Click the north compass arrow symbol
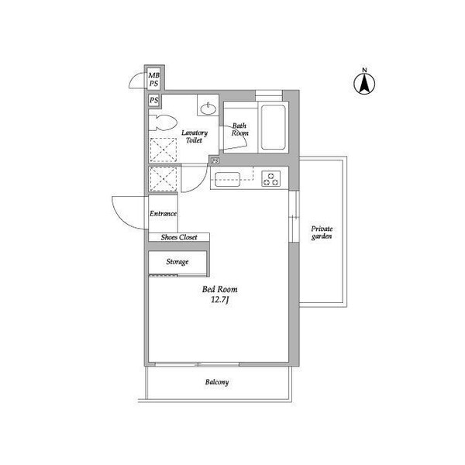364,84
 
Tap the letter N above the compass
364,70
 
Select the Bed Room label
220,289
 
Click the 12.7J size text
219,300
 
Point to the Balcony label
217,382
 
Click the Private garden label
322,232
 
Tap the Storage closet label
177,262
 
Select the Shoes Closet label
179,237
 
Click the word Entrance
163,214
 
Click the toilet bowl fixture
163,122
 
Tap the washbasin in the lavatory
208,109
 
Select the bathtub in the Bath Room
273,128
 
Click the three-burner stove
271,179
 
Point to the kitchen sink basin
227,180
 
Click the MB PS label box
154,79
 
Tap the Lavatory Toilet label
195,136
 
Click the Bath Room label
239,129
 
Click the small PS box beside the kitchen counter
215,160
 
